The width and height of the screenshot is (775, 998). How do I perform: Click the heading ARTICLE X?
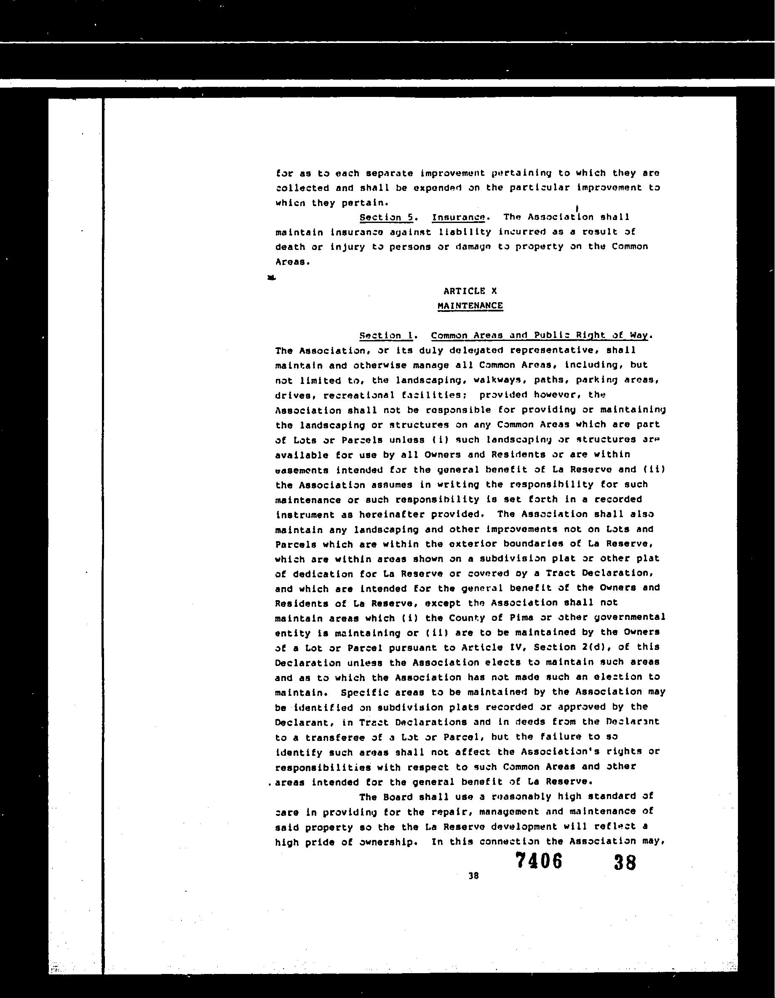click(x=470, y=291)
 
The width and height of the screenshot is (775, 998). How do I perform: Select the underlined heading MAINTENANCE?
click(x=470, y=306)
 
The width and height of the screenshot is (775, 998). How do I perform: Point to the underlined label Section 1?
click(x=386, y=335)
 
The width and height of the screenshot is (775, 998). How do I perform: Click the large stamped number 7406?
click(x=538, y=861)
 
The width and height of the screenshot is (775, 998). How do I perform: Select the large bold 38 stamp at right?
click(x=625, y=863)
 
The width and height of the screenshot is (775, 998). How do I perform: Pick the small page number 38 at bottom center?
click(x=473, y=875)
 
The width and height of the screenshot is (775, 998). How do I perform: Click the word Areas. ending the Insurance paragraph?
click(x=292, y=262)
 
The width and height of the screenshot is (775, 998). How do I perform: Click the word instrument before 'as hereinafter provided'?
click(x=305, y=515)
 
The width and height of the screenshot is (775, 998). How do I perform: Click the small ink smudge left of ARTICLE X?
click(x=272, y=277)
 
